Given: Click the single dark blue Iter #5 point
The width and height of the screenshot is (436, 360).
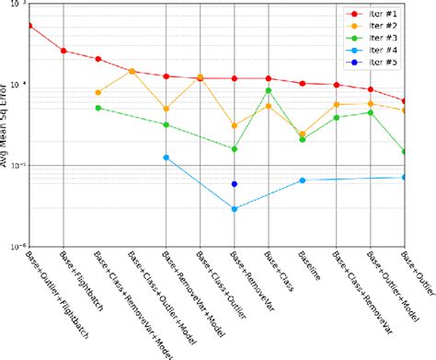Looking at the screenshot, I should point(235,184).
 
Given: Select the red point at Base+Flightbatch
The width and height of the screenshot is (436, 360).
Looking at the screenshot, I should point(63,51).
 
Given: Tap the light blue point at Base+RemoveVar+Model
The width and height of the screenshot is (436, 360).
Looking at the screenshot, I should point(166,157).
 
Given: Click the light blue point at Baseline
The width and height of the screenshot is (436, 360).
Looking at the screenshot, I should point(303,180).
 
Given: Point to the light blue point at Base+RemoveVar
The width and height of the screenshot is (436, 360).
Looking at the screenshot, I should point(235,209).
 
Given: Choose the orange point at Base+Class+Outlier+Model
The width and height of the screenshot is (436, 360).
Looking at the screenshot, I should point(132,71).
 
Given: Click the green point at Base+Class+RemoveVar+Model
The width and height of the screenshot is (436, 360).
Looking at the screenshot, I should point(98,108).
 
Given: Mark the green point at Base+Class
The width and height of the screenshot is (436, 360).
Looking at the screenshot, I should point(269,90).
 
